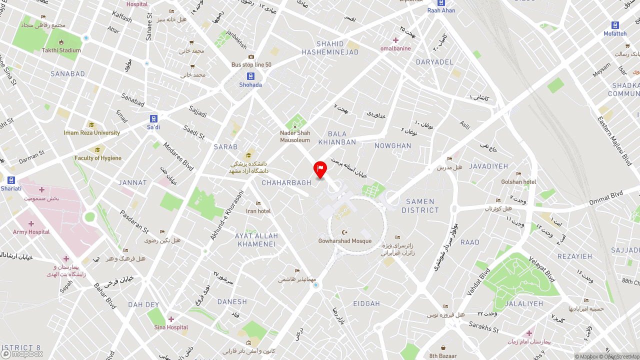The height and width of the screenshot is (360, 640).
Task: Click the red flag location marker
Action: click(x=320, y=169)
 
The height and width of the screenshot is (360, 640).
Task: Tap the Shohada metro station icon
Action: click(x=250, y=76)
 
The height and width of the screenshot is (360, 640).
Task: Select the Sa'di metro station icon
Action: click(x=153, y=119)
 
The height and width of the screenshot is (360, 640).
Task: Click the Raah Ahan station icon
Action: click(x=441, y=2)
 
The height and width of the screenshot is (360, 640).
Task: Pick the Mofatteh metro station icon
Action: click(x=615, y=25)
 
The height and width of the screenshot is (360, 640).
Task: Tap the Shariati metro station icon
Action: click(x=11, y=180)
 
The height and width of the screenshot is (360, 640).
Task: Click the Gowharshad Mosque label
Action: click(x=345, y=241)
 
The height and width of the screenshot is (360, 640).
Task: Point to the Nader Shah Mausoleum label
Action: click(x=295, y=136)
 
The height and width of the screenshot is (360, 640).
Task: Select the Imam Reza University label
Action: click(x=92, y=133)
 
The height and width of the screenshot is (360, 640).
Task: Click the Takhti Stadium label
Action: click(x=61, y=50)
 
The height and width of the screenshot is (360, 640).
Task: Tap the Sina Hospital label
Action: click(x=171, y=327)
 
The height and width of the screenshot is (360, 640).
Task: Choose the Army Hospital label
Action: click(x=31, y=232)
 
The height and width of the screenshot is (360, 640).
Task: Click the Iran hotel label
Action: click(x=258, y=211)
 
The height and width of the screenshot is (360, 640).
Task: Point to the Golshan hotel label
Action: click(x=518, y=182)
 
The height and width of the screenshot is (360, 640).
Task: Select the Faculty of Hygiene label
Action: click(x=98, y=158)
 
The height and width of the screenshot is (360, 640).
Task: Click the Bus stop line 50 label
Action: click(x=251, y=64)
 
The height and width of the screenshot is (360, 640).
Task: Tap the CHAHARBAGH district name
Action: click(x=286, y=183)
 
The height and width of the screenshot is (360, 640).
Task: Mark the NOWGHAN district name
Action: click(x=392, y=146)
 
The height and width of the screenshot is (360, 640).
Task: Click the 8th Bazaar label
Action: click(x=443, y=356)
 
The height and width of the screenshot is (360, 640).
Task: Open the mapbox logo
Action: click(x=22, y=354)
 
